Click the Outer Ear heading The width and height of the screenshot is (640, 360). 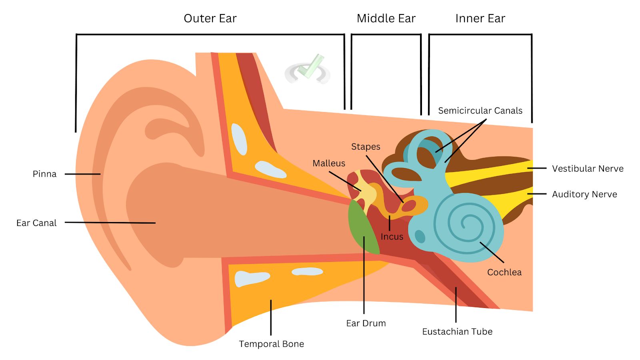click(210, 18)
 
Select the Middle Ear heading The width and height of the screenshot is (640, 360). click(386, 18)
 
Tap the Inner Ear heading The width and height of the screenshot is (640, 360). click(480, 18)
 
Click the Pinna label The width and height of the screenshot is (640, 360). click(44, 174)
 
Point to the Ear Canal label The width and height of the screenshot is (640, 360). click(36, 223)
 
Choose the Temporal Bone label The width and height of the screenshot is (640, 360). click(271, 344)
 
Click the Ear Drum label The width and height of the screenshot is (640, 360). click(366, 323)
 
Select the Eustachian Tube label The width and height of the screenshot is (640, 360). click(457, 332)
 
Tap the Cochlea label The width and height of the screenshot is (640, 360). click(504, 272)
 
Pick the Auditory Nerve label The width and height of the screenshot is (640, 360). click(584, 194)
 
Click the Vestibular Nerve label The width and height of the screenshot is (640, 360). click(588, 169)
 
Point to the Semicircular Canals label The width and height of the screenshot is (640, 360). click(480, 111)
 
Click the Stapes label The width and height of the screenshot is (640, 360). click(366, 147)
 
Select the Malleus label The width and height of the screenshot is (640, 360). click(329, 163)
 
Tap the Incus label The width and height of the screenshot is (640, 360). click(392, 237)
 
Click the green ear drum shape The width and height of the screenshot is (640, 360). click(362, 228)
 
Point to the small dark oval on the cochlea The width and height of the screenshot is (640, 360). click(420, 236)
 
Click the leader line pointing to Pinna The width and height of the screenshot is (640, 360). click(82, 174)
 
